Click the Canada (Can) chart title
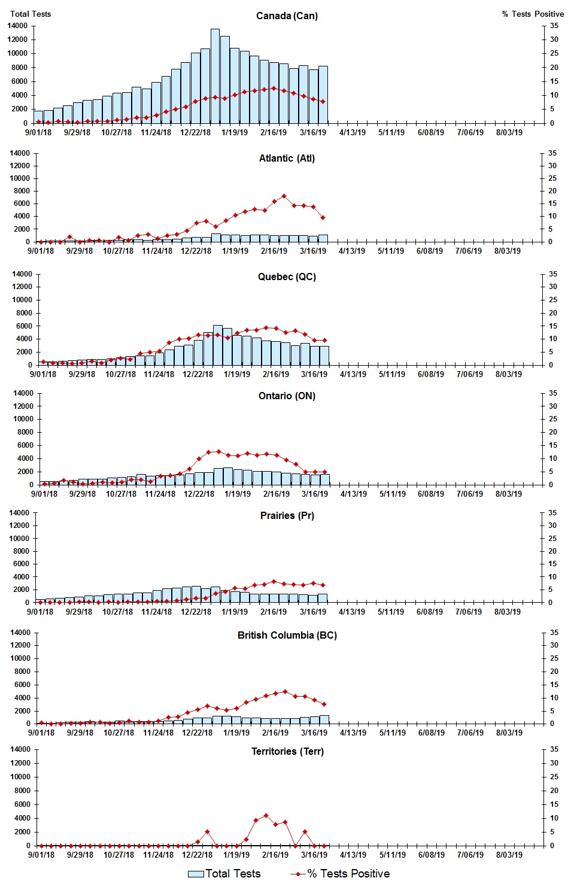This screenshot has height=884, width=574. (x=287, y=16)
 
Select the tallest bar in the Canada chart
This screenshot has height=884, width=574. (x=215, y=76)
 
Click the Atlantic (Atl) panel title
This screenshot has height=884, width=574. (x=287, y=158)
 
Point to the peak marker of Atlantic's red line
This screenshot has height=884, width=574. (x=284, y=196)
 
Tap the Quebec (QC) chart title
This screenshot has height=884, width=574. (x=287, y=277)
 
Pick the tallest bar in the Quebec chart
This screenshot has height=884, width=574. (x=217, y=345)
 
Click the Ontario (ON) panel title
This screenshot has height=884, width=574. (x=287, y=396)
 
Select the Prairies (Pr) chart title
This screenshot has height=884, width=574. (x=287, y=515)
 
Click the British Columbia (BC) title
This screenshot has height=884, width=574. (x=287, y=635)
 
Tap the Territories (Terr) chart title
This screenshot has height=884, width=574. (x=287, y=751)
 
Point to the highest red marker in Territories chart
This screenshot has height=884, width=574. (x=266, y=815)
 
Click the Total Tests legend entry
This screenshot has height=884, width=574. (x=224, y=874)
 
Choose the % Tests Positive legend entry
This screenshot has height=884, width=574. (x=340, y=874)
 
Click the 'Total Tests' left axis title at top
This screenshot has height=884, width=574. (x=31, y=14)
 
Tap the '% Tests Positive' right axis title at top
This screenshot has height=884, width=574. (x=533, y=14)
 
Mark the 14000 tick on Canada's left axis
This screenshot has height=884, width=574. (x=17, y=26)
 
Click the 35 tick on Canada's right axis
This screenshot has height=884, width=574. (x=554, y=26)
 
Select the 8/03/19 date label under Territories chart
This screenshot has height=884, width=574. (x=509, y=855)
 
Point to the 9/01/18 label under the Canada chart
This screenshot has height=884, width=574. (x=38, y=132)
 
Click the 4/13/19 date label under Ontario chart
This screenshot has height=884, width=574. (x=354, y=494)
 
